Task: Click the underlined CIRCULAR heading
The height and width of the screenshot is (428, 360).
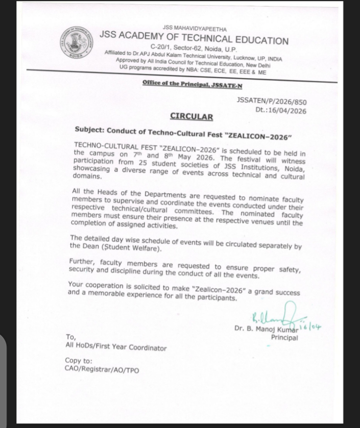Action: (x=191, y=116)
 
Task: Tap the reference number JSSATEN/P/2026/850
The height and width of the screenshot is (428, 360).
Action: (x=272, y=101)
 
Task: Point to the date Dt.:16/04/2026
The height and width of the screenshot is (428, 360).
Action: (x=281, y=111)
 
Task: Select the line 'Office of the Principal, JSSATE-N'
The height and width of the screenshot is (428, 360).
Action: (x=193, y=85)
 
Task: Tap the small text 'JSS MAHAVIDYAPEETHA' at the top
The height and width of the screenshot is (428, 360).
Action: (x=195, y=29)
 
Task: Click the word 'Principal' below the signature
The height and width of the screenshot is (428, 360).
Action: (x=284, y=337)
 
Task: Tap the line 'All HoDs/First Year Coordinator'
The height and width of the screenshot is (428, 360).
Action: (x=116, y=347)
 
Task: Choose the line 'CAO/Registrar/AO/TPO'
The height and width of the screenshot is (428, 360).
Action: (x=101, y=369)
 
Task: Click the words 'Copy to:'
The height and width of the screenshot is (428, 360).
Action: (x=79, y=361)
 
